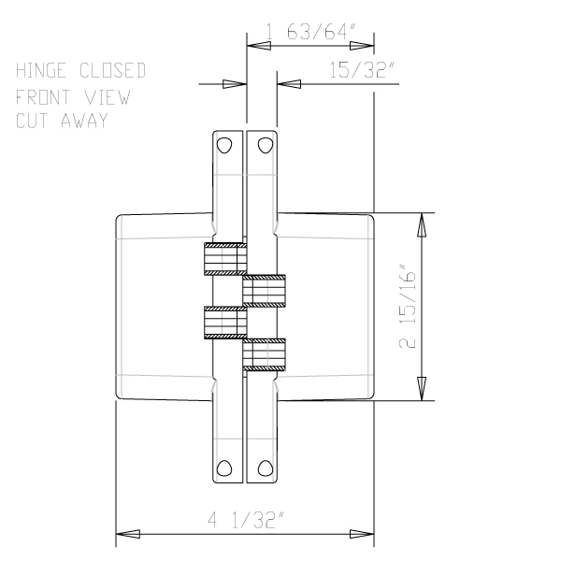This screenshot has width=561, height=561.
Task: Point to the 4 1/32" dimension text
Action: tap(246, 521)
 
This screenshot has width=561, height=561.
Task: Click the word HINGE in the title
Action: tap(44, 71)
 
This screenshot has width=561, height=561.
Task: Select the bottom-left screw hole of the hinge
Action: tap(224, 468)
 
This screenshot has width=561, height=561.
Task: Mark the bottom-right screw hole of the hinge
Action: tap(266, 468)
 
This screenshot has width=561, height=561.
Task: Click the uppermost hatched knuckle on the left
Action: tap(224, 260)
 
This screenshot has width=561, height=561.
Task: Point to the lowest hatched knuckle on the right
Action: tap(266, 354)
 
